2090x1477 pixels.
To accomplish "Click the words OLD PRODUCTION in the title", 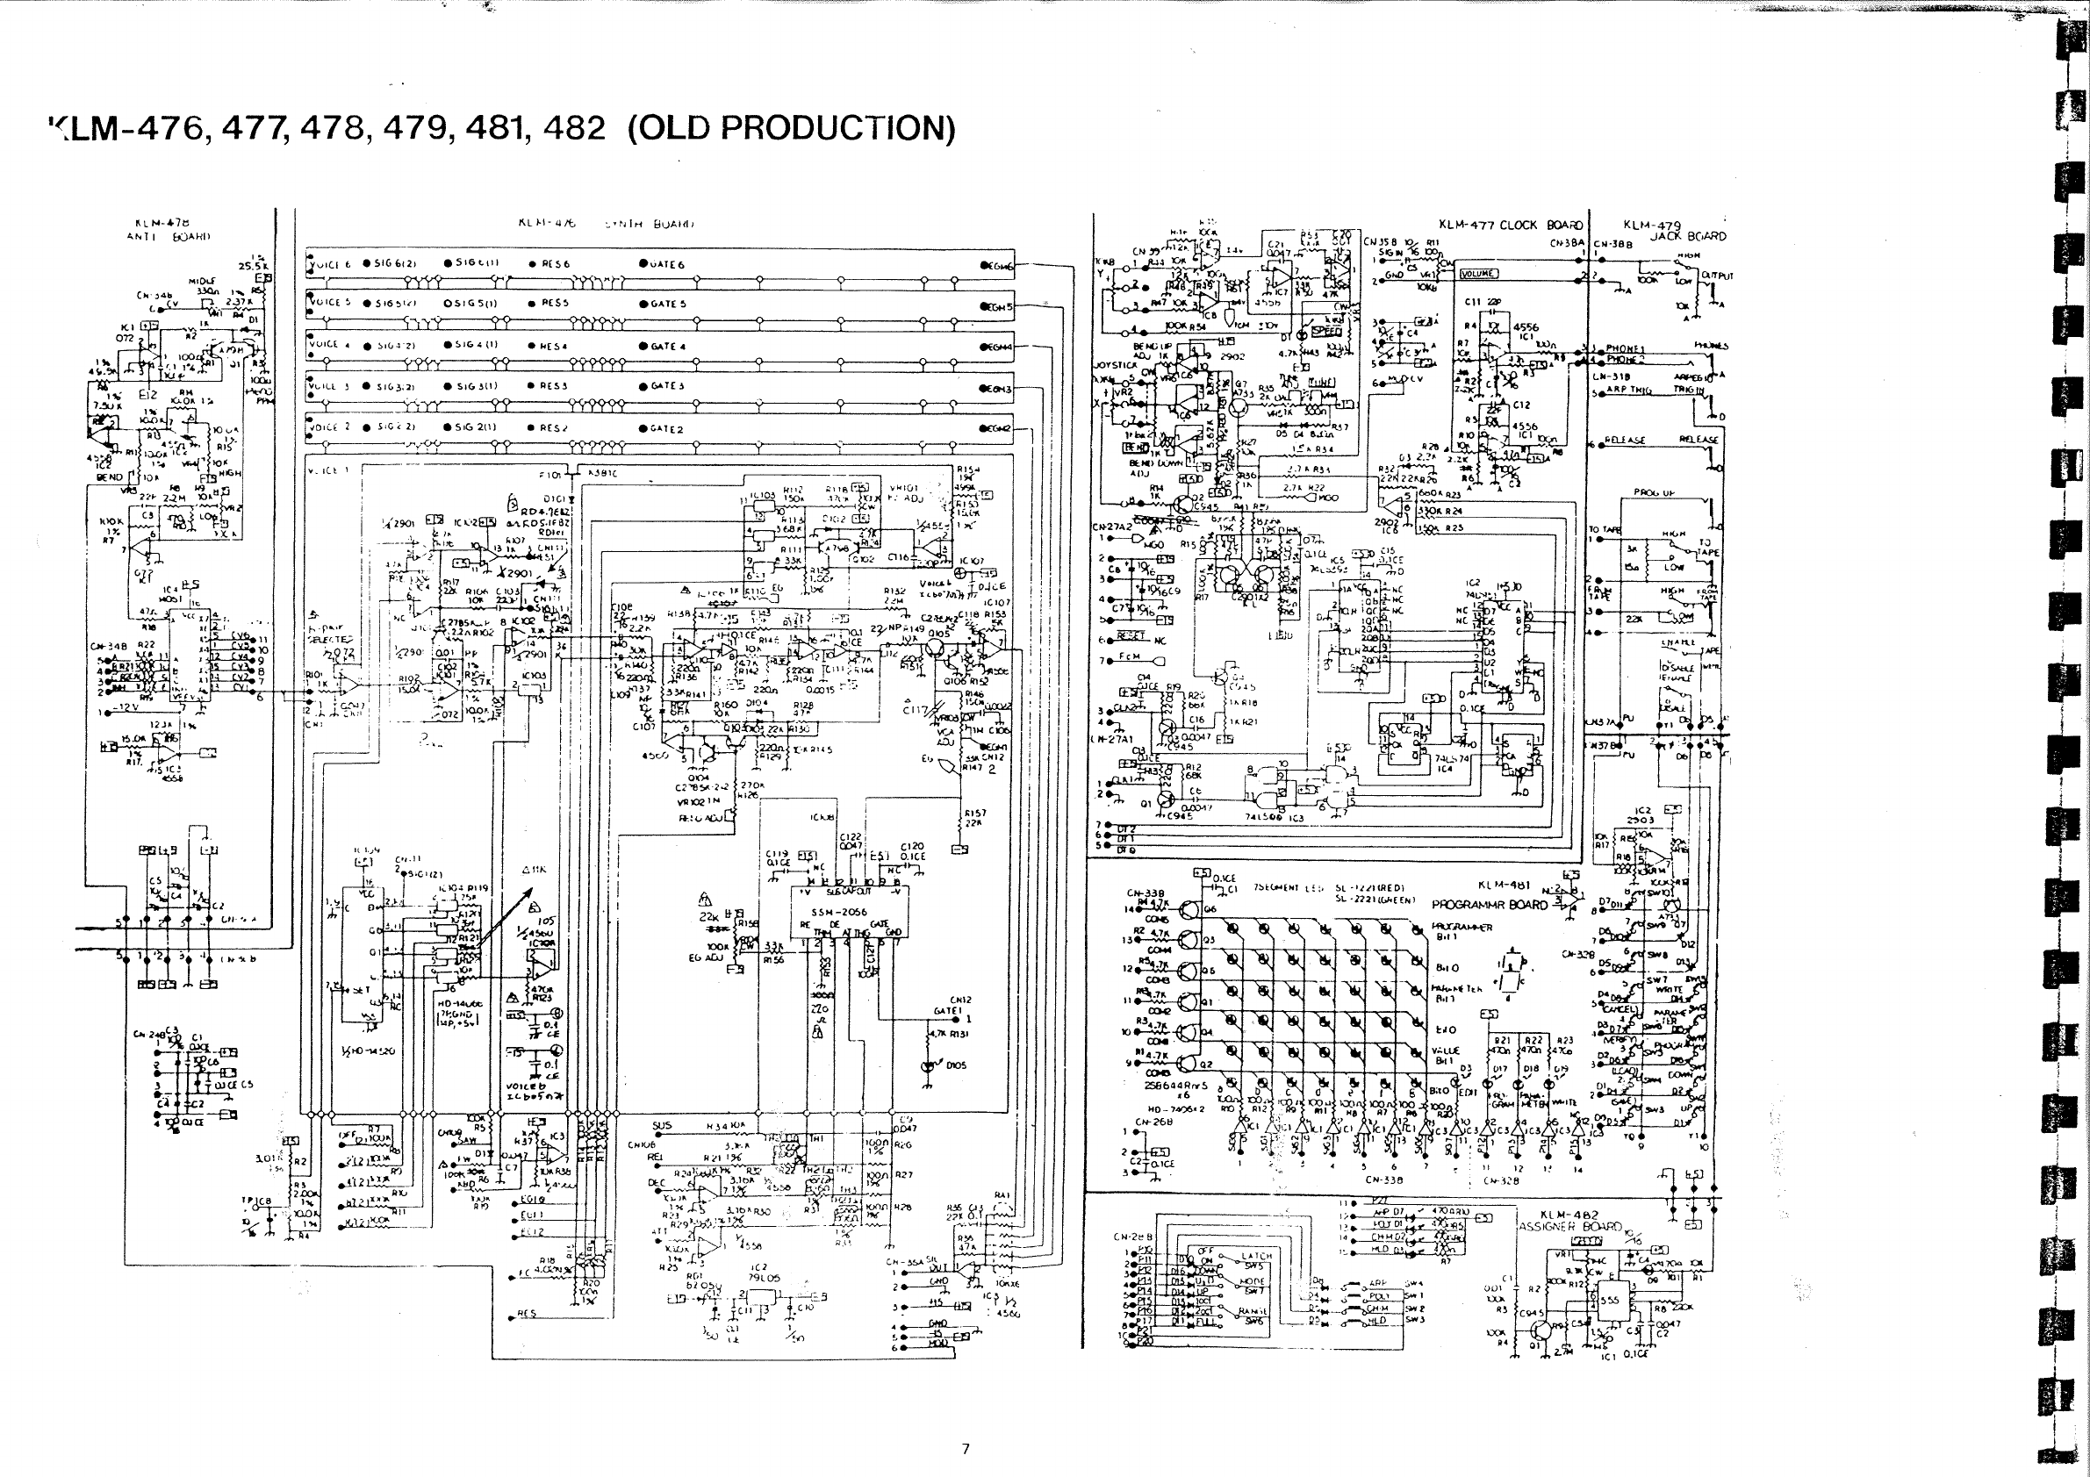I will click(791, 128).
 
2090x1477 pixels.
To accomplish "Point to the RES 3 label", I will click(554, 386).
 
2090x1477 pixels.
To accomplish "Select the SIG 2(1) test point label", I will click(476, 427).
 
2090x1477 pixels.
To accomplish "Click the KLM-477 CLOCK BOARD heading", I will click(1510, 225).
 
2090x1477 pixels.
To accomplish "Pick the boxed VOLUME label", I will click(1478, 274).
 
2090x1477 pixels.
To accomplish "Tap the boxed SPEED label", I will click(1326, 331).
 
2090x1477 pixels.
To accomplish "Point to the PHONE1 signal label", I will click(1625, 348).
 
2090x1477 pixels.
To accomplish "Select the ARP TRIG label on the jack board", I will click(1629, 390).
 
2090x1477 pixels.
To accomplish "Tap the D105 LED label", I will click(956, 1065).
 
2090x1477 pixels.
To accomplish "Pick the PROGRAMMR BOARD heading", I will click(1490, 905).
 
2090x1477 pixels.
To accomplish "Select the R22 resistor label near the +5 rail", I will click(1533, 1040).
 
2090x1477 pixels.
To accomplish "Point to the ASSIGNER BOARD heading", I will click(1570, 1226).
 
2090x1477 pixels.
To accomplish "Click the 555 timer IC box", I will click(1609, 1301).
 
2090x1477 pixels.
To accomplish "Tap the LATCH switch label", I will click(1256, 1256).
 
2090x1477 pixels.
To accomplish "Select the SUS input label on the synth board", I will click(662, 1126).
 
